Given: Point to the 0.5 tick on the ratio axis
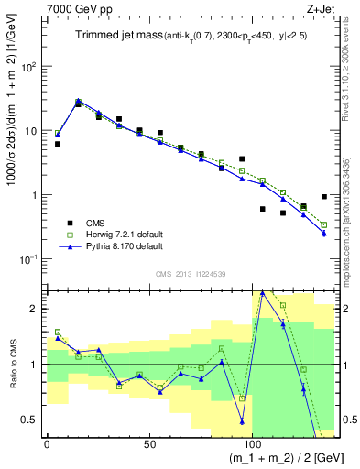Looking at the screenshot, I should tap(32, 420).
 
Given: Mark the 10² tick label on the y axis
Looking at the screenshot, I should tap(29, 67).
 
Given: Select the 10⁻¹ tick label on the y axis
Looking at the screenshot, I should tap(28, 259).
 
